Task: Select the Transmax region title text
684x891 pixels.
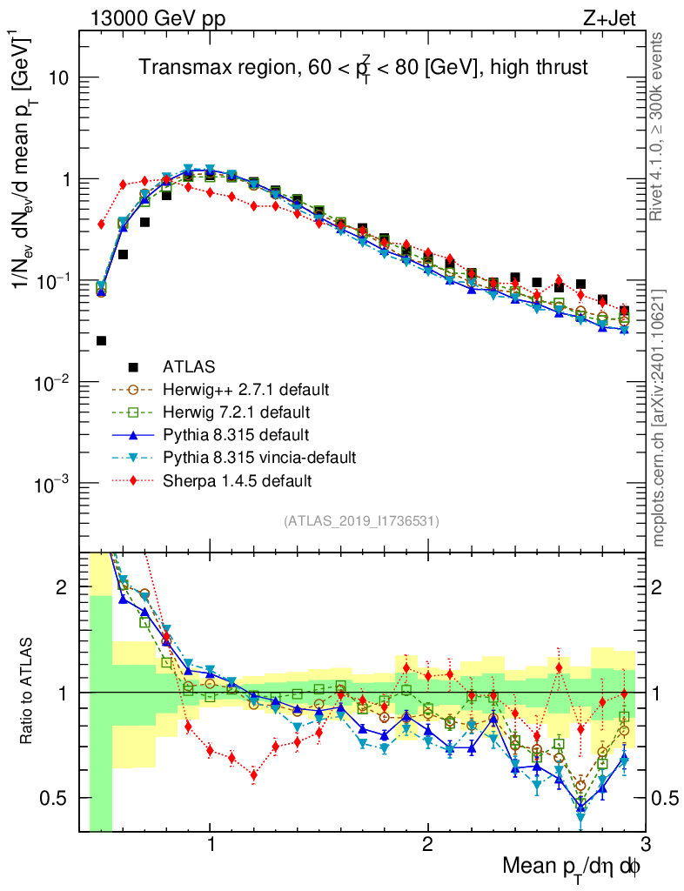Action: click(364, 66)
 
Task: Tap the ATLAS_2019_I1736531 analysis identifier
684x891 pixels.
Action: click(361, 521)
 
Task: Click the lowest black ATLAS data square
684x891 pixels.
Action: click(101, 341)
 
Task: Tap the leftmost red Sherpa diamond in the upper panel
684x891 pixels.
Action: click(101, 224)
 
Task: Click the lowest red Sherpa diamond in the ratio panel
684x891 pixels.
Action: click(253, 774)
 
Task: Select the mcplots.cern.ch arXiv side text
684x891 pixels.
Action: click(659, 418)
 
